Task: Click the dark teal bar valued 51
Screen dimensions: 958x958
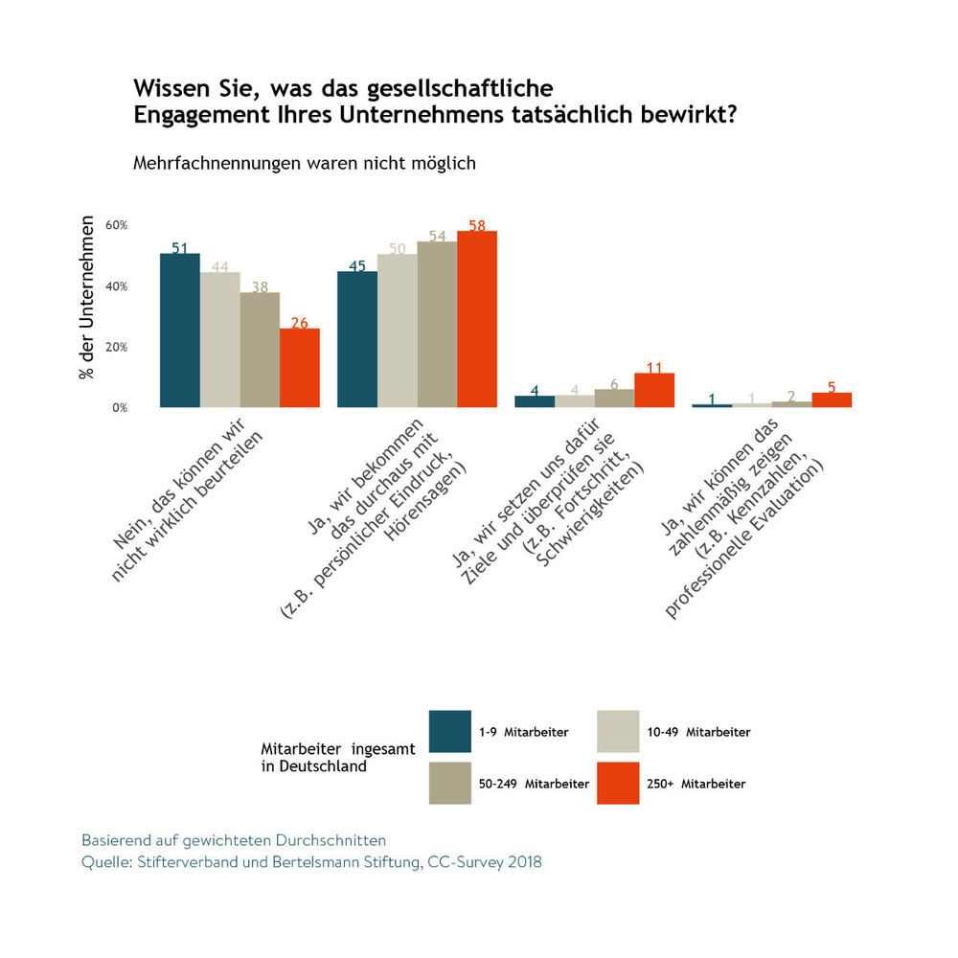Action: [179, 331]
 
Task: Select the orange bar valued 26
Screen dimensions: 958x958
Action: [300, 368]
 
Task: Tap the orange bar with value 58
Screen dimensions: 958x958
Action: [477, 319]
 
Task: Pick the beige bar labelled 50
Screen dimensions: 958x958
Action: [397, 331]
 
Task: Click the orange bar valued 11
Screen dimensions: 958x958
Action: [654, 390]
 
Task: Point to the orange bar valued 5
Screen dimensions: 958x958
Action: [832, 399]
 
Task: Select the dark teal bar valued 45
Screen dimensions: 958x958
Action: [356, 339]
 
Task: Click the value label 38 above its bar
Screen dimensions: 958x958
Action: [259, 285]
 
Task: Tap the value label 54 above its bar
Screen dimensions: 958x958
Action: [437, 236]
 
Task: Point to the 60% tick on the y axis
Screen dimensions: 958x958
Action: [117, 225]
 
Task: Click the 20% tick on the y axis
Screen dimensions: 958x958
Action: [117, 347]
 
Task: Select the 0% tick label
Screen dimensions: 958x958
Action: [120, 408]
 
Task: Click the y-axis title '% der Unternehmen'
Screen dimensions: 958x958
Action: [87, 298]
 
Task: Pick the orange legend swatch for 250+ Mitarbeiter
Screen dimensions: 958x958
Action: [618, 783]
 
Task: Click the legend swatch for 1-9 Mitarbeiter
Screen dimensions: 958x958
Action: [450, 731]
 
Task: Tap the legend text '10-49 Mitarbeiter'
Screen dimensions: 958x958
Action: [698, 732]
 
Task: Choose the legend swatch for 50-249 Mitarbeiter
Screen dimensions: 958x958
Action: [450, 783]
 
